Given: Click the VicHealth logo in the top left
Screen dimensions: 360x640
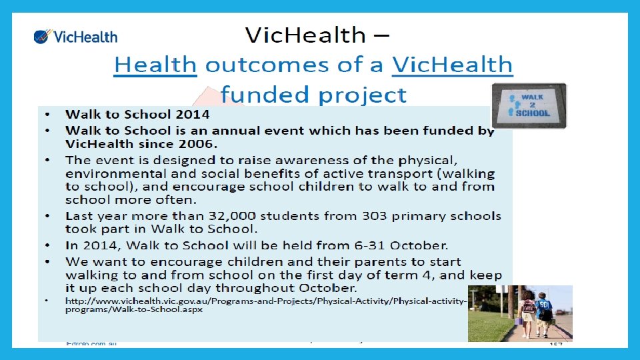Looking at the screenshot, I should pyautogui.click(x=75, y=37).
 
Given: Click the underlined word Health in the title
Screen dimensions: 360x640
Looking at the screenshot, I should pyautogui.click(x=155, y=65).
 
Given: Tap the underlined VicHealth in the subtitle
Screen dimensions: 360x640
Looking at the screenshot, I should pyautogui.click(x=453, y=65).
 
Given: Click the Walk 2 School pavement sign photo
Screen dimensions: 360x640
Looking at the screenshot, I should pyautogui.click(x=529, y=105).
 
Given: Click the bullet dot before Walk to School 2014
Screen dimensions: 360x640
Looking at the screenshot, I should pyautogui.click(x=47, y=115).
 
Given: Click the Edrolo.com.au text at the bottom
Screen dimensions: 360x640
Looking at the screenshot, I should pyautogui.click(x=91, y=343).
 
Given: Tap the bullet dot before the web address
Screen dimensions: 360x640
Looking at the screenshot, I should pyautogui.click(x=47, y=301).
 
